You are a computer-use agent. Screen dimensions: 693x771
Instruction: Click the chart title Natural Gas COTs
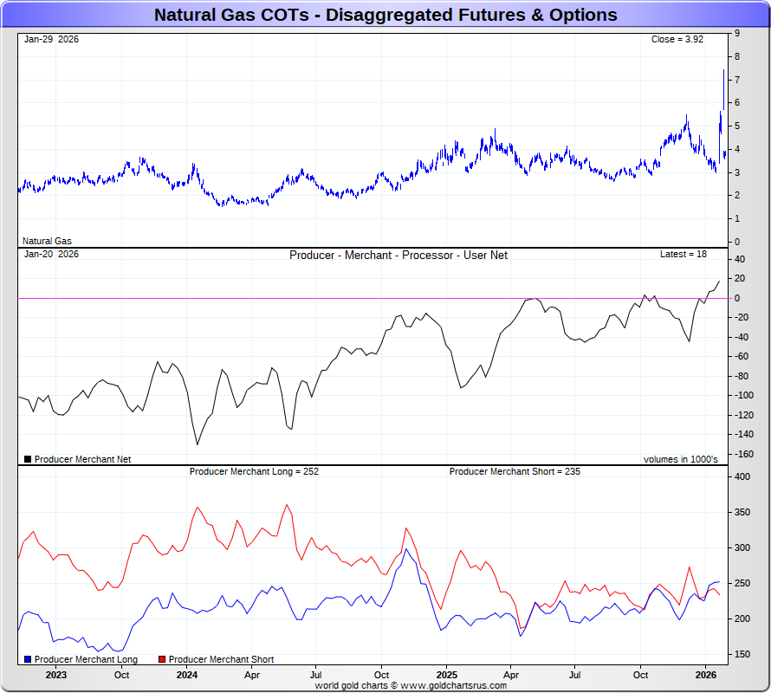385,15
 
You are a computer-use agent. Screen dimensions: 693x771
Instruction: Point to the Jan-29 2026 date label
51,39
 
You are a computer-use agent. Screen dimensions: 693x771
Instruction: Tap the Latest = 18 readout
684,254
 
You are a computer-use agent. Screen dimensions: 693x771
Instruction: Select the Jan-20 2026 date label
51,254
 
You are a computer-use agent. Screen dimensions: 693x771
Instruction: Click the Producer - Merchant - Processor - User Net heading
398,255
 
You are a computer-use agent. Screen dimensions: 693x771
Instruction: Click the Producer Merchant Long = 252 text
254,471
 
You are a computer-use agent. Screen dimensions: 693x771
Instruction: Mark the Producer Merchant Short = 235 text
515,471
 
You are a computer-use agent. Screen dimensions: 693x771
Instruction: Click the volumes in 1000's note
681,459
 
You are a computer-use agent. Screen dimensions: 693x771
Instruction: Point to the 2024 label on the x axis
186,674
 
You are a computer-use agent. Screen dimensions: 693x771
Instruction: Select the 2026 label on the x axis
706,674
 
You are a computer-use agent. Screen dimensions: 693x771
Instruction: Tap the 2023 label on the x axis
56,674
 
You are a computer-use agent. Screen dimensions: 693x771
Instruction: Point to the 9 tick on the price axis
736,33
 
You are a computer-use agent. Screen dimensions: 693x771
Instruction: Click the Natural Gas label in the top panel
47,241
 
